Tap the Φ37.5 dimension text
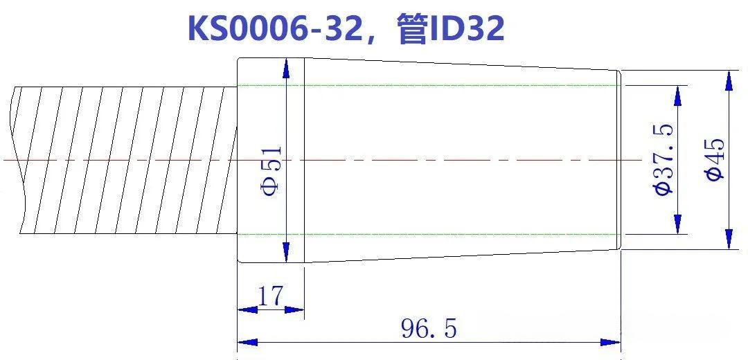tap(664, 159)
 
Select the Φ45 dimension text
tap(715, 159)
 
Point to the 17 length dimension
tap(270, 296)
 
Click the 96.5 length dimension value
tap(429, 329)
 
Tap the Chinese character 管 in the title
tap(412, 29)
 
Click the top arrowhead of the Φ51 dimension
tap(286, 69)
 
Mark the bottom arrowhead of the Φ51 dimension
tap(286, 252)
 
